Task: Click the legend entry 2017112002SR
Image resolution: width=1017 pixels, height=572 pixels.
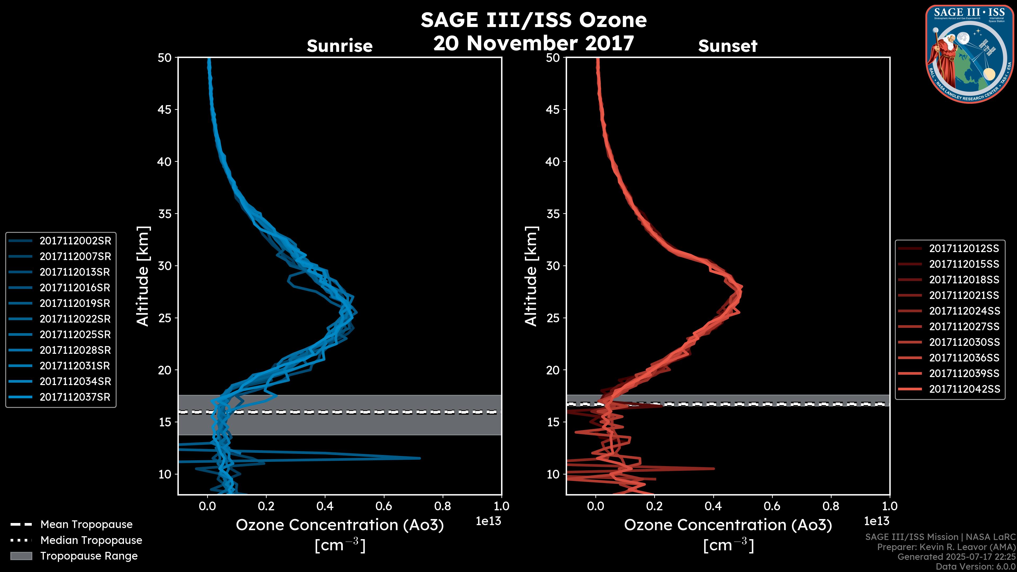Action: (75, 241)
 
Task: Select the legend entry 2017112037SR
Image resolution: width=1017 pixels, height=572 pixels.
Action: (75, 397)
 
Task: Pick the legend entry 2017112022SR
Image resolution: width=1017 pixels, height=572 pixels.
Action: (75, 319)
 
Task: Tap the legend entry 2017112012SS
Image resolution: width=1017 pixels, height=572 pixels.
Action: (964, 248)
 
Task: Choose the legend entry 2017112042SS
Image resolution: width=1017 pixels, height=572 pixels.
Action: (964, 389)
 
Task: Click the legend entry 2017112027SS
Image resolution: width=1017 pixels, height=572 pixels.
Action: (964, 327)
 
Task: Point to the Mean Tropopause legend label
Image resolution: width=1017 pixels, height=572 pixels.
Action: (86, 525)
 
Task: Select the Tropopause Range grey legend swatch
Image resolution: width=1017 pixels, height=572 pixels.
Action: (21, 556)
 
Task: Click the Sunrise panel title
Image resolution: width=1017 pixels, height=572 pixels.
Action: (340, 46)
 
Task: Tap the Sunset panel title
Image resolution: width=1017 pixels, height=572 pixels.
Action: (728, 46)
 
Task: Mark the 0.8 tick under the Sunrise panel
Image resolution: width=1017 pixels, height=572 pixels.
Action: (443, 506)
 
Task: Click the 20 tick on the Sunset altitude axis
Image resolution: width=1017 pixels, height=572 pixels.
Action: (553, 370)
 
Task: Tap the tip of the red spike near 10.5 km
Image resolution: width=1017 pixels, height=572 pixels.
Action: (713, 468)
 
